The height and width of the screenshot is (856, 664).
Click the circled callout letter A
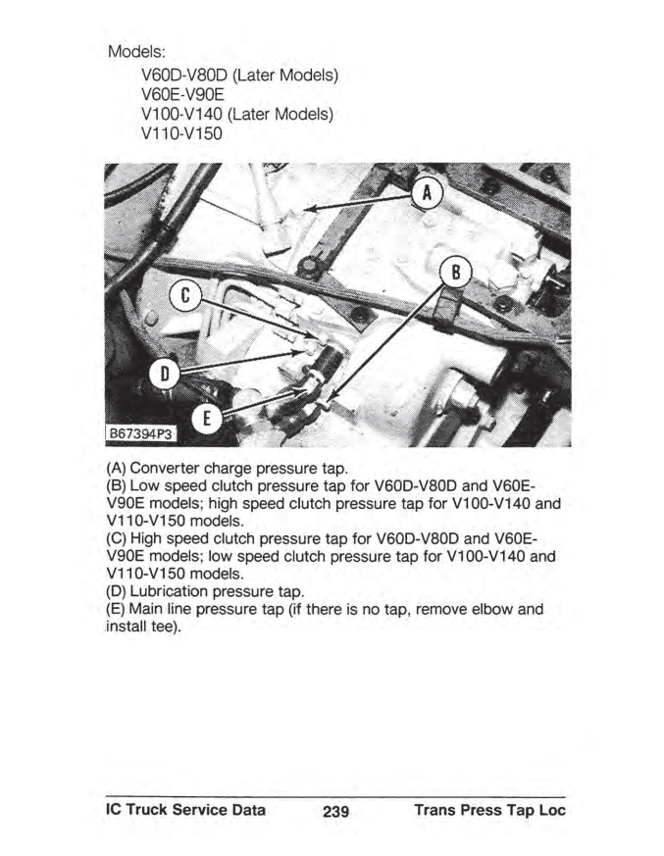coord(426,193)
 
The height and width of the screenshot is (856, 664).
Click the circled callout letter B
coord(455,271)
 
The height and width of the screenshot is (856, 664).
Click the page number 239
coord(333,812)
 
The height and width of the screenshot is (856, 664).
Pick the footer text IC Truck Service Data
coord(185,811)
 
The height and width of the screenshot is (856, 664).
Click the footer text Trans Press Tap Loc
coord(490,811)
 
